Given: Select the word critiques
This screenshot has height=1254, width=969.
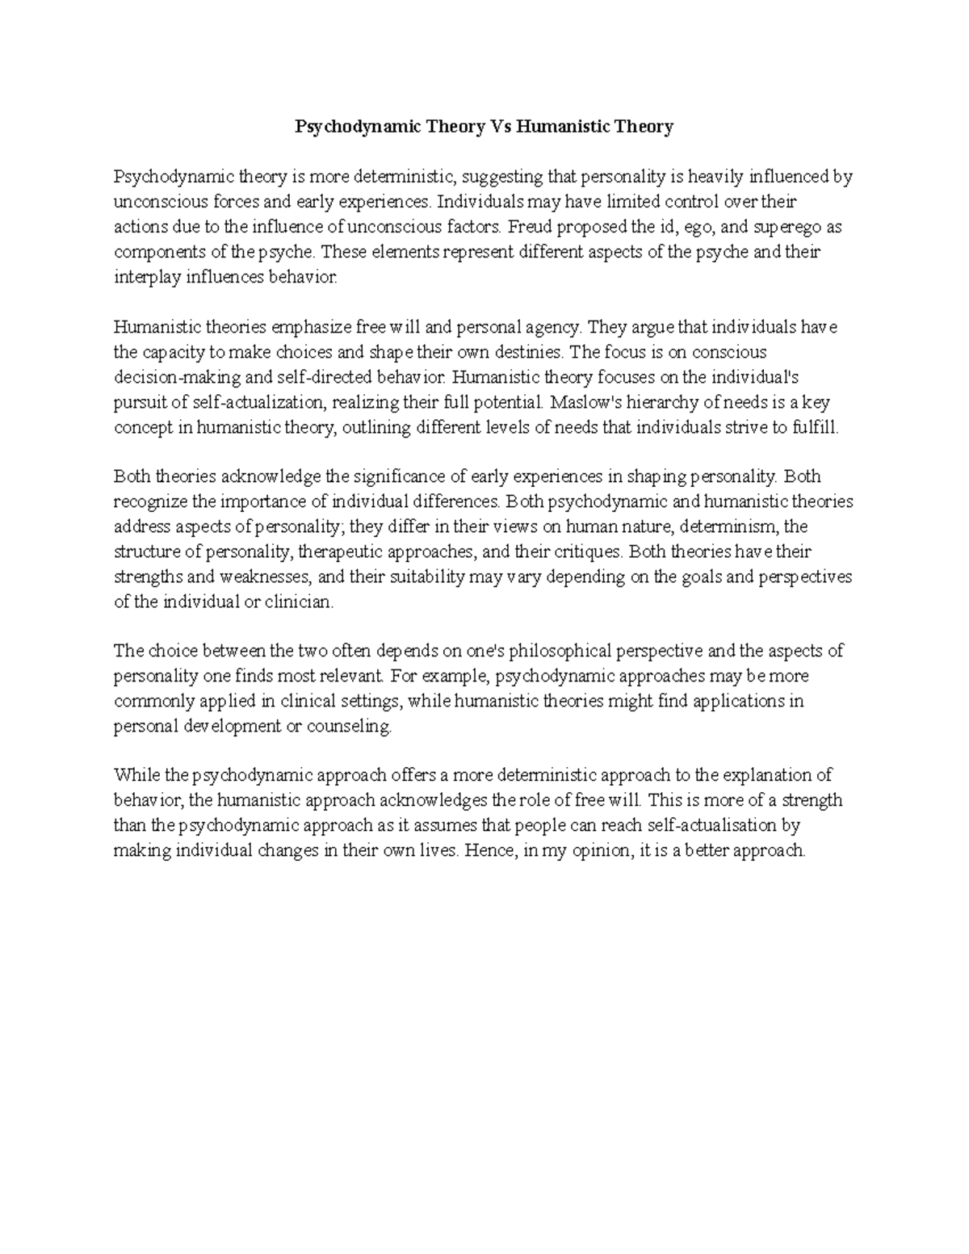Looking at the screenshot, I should [x=588, y=552].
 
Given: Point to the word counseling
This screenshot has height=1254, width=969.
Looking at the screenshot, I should [x=351, y=726].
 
